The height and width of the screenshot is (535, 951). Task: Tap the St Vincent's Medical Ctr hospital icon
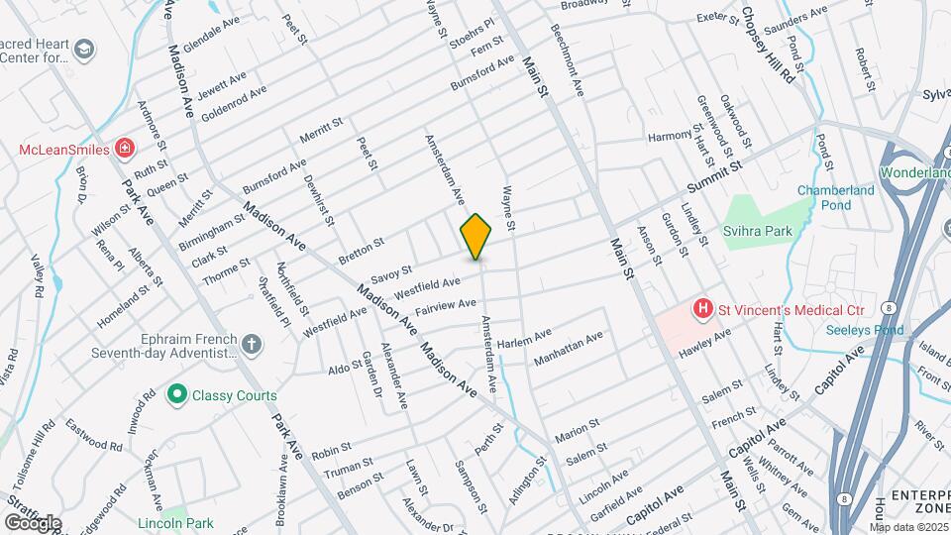coord(703,309)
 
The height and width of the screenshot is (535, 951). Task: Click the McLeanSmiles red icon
coord(126,150)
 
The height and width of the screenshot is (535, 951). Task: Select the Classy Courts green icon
coord(177,395)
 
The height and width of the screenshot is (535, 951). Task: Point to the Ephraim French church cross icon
coord(253,345)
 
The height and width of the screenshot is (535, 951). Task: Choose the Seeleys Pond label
coord(868,330)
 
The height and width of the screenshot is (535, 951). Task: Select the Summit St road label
coord(715,180)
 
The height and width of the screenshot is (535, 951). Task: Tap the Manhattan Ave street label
coord(568,349)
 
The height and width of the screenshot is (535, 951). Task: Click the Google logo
coord(32,522)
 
